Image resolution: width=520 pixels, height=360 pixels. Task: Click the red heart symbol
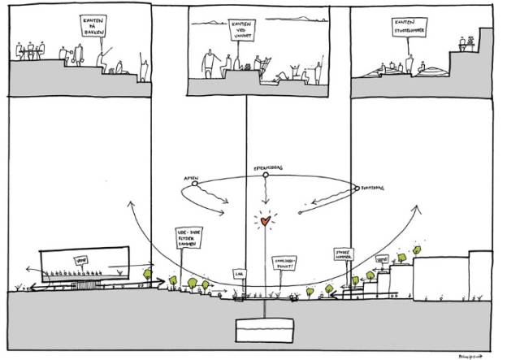tap(264, 219)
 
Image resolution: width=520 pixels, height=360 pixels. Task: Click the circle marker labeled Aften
tap(194, 185)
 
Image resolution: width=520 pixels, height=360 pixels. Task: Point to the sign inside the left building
tap(81, 260)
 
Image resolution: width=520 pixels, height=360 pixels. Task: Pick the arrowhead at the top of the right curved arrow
tap(419, 208)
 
